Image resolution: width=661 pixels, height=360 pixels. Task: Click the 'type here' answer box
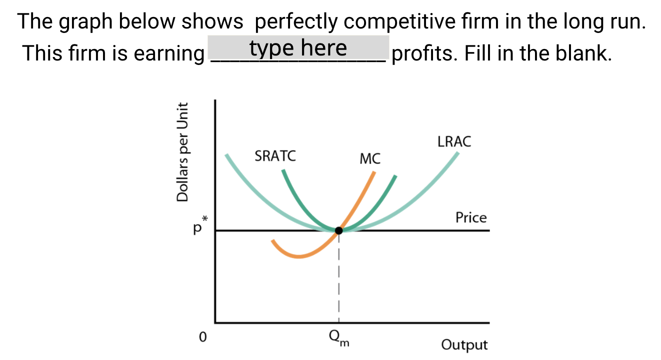[x=298, y=48]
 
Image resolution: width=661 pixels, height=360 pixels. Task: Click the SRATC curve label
[x=275, y=156]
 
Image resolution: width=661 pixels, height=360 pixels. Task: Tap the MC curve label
[x=370, y=159]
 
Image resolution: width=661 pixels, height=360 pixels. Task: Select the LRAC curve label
[x=454, y=141]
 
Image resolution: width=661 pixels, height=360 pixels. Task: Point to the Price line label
[x=470, y=217]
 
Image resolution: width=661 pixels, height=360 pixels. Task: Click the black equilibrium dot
[x=339, y=230]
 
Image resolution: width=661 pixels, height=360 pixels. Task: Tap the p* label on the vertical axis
[x=199, y=228]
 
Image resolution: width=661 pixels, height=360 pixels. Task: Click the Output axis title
[x=464, y=345]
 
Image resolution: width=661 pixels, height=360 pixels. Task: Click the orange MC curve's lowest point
[x=298, y=257]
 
